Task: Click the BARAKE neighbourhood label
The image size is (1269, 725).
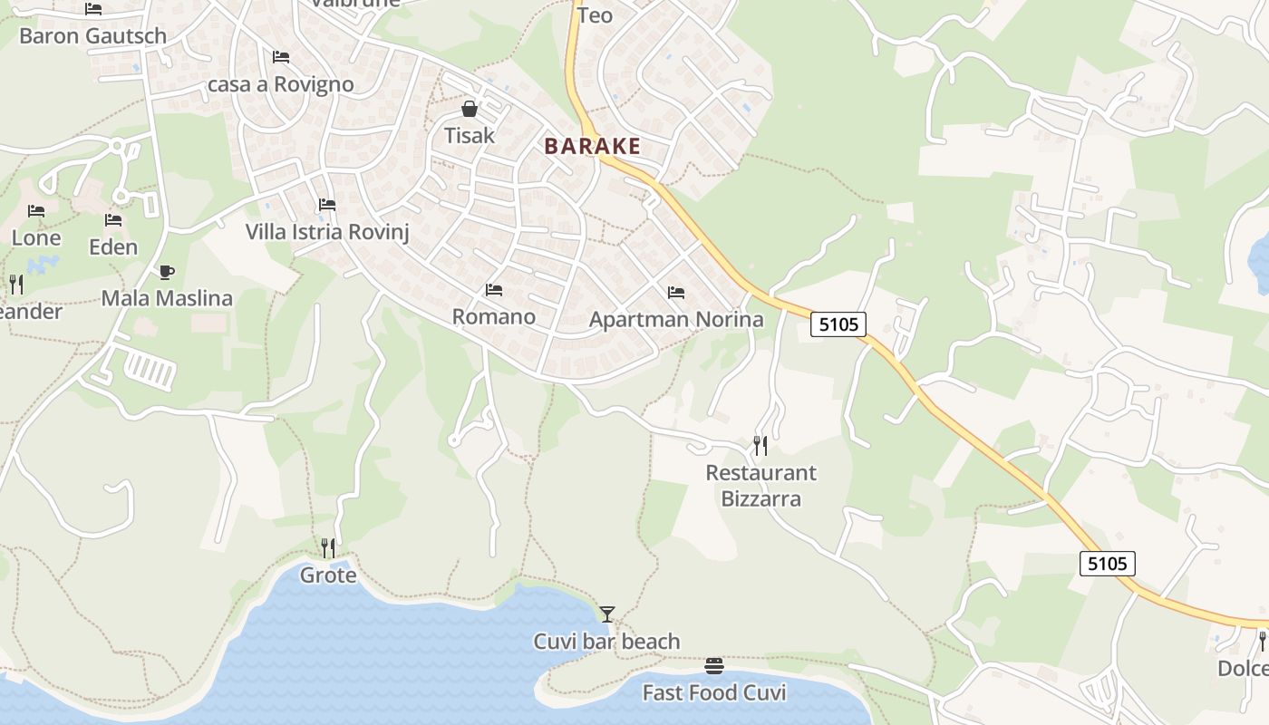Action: click(x=592, y=146)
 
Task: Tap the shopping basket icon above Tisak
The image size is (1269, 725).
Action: click(x=470, y=110)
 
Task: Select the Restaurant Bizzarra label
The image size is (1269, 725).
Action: click(x=760, y=485)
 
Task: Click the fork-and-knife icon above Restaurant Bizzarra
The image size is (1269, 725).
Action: click(x=760, y=445)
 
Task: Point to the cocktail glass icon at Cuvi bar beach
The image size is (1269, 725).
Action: click(x=606, y=614)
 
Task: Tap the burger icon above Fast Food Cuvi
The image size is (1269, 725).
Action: click(x=713, y=667)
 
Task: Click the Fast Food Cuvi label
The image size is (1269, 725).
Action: click(x=714, y=693)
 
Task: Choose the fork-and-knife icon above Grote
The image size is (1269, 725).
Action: click(x=328, y=547)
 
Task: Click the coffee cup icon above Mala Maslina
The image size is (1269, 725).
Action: click(x=166, y=272)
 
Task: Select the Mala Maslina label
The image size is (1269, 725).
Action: click(x=167, y=298)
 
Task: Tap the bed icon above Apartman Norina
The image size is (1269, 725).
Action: click(x=675, y=293)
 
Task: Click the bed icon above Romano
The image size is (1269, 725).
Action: click(x=494, y=290)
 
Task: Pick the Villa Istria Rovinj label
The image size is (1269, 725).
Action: click(x=327, y=232)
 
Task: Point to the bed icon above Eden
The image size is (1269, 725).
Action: click(x=113, y=220)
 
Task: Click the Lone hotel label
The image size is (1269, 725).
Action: click(x=36, y=238)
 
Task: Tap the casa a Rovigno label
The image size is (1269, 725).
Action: click(x=281, y=84)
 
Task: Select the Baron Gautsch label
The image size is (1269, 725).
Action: click(x=92, y=36)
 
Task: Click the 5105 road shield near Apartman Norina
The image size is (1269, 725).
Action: click(x=838, y=324)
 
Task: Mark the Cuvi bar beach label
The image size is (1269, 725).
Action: click(x=606, y=642)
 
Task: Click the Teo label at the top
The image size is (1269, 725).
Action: click(x=595, y=15)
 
